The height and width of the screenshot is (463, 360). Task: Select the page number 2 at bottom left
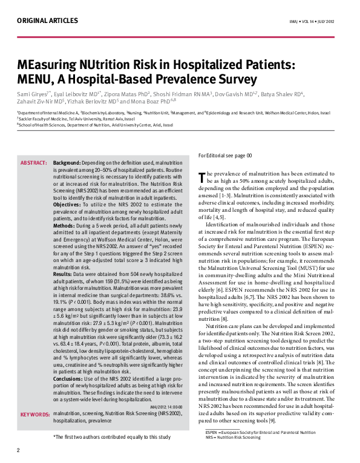tap(18, 450)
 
